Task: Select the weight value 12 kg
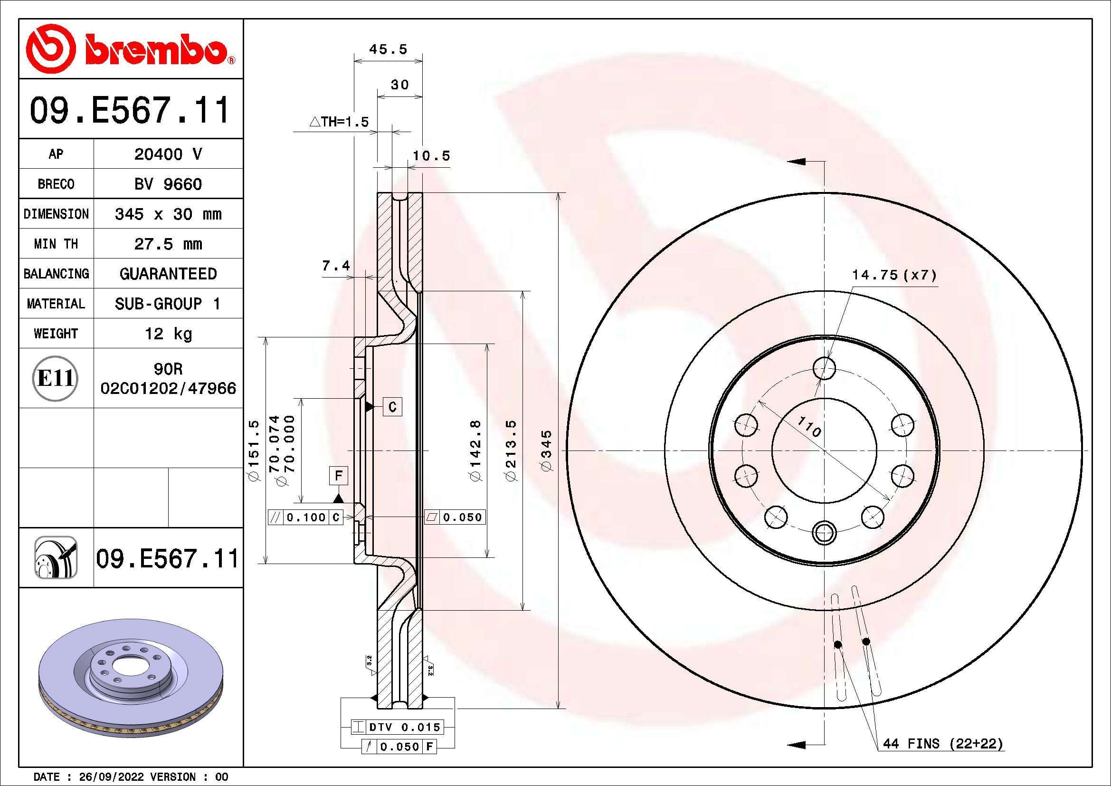click(x=168, y=334)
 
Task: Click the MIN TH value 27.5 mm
click(x=168, y=244)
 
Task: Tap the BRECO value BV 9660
click(x=168, y=184)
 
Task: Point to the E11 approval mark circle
click(x=56, y=378)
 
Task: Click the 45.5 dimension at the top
click(x=388, y=49)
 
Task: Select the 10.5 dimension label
click(x=431, y=156)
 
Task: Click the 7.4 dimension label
click(x=336, y=265)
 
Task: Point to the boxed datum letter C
click(x=392, y=407)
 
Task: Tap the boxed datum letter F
click(x=338, y=476)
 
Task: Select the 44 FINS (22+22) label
click(x=942, y=743)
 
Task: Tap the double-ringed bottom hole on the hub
click(x=824, y=533)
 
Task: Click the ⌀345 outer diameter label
click(x=546, y=451)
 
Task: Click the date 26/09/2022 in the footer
click(x=111, y=777)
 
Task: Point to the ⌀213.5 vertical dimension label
click(x=512, y=451)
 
